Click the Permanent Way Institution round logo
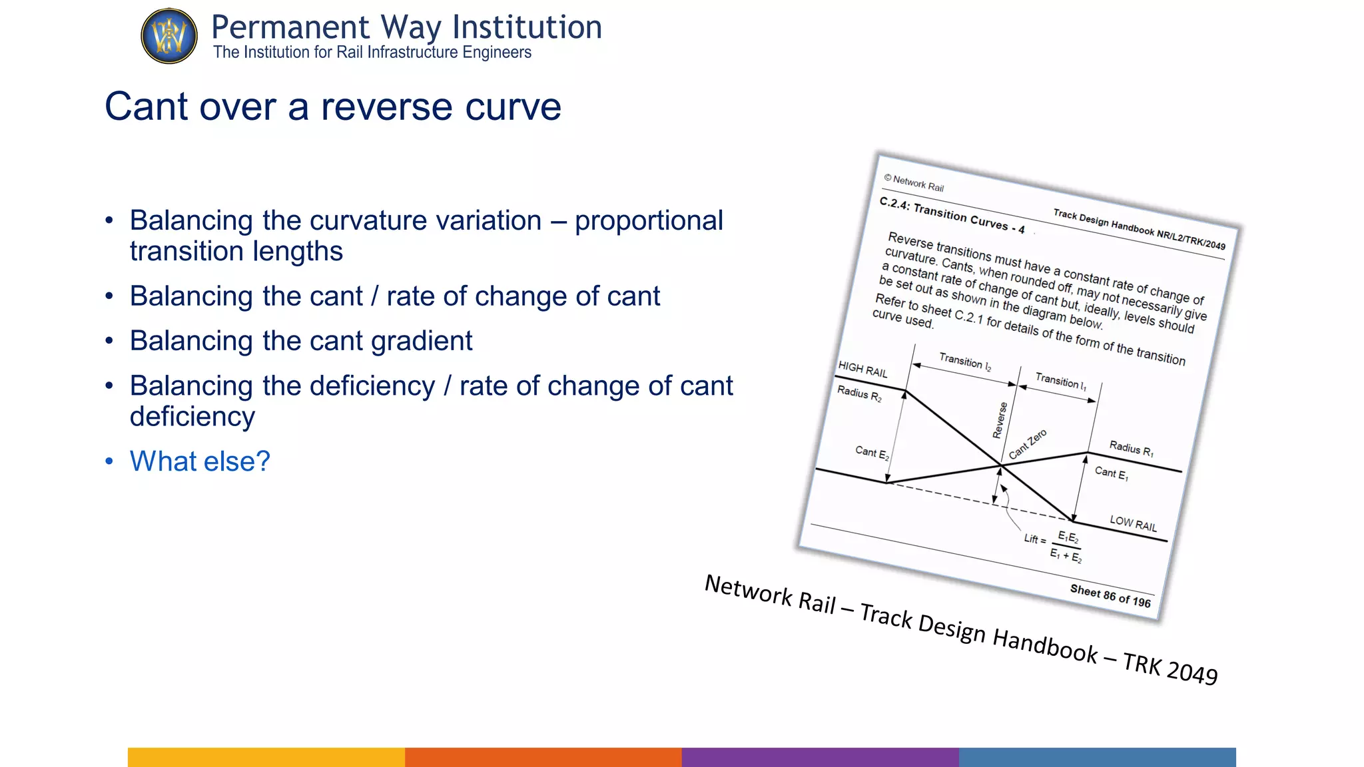coord(169,36)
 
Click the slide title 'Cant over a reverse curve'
coord(333,107)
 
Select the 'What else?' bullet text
coord(200,461)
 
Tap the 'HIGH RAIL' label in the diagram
coord(862,370)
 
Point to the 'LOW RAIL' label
coord(1133,523)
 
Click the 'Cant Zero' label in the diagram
coord(1028,444)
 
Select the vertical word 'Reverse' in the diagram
coord(1000,420)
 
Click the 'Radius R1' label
coord(1131,449)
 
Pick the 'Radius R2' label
coord(859,393)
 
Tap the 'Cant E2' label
coord(872,453)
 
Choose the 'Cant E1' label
coord(1111,473)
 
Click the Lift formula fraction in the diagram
coord(1067,547)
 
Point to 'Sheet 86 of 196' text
coord(1110,595)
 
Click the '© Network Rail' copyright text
coord(914,183)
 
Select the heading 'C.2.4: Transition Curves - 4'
coord(952,214)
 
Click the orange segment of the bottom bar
coord(543,757)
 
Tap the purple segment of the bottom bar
coord(821,757)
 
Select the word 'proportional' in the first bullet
coord(649,221)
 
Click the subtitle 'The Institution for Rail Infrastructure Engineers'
coord(372,53)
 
